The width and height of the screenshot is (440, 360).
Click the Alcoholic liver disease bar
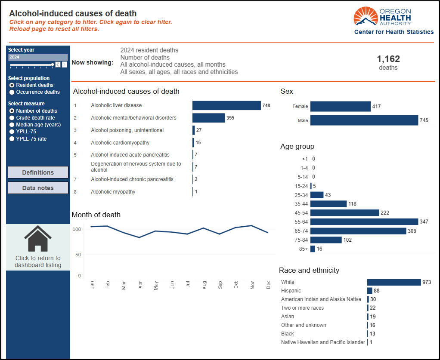pyautogui.click(x=226, y=105)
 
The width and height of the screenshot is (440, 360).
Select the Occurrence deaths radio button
pyautogui.click(x=12, y=92)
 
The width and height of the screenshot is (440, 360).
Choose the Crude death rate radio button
pyautogui.click(x=12, y=118)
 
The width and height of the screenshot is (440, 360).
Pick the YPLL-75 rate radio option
pyautogui.click(x=12, y=139)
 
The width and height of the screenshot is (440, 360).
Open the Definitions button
pyautogui.click(x=38, y=172)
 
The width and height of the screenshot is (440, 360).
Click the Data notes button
pyautogui.click(x=38, y=188)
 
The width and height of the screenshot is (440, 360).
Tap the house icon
pyautogui.click(x=38, y=239)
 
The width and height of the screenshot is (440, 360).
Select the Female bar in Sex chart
pyautogui.click(x=341, y=106)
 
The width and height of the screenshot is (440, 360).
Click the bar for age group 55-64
pyautogui.click(x=364, y=222)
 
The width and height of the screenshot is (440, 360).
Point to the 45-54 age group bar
pyautogui.click(x=344, y=213)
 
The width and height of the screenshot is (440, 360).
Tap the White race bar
pyautogui.click(x=394, y=282)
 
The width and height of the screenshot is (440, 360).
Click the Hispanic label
pyautogui.click(x=291, y=291)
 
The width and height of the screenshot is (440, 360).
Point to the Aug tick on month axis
pyautogui.click(x=204, y=285)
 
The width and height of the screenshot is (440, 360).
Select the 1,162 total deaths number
pyautogui.click(x=388, y=59)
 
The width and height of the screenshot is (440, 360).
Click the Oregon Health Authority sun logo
pyautogui.click(x=366, y=16)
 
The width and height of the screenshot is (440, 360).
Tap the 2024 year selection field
pyautogui.click(x=38, y=57)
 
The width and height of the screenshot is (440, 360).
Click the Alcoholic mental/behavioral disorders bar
pyautogui.click(x=208, y=118)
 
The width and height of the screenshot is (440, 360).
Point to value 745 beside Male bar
pyautogui.click(x=424, y=120)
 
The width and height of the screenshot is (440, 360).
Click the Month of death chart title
pyautogui.click(x=96, y=215)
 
